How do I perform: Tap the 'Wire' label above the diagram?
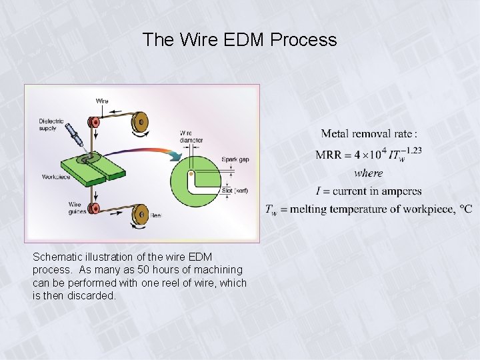pyautogui.click(x=102, y=101)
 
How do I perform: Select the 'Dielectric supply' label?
pyautogui.click(x=51, y=125)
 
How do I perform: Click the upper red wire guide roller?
pyautogui.click(x=94, y=122)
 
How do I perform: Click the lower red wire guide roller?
pyautogui.click(x=94, y=209)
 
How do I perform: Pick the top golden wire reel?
pyautogui.click(x=140, y=122)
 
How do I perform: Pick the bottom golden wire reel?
pyautogui.click(x=140, y=213)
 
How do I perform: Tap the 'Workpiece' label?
pyautogui.click(x=56, y=177)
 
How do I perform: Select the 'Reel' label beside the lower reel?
pyautogui.click(x=155, y=215)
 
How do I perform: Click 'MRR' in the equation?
pyautogui.click(x=329, y=155)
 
